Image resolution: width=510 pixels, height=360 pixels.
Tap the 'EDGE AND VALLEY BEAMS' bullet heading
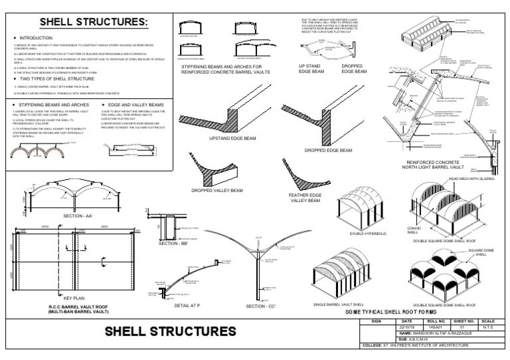tap(135, 105)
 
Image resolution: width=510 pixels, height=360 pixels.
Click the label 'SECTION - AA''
tap(79, 217)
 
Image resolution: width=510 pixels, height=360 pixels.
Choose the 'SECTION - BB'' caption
tap(174, 244)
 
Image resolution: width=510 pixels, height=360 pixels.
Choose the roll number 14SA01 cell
tap(434, 326)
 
